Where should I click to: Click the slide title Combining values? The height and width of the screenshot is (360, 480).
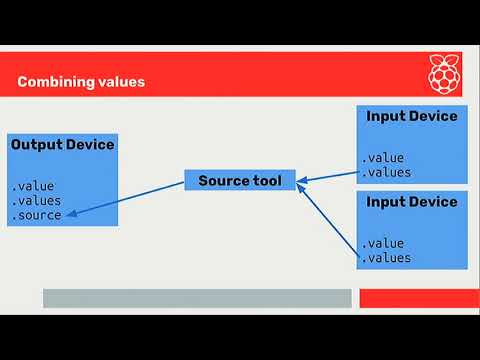click(81, 82)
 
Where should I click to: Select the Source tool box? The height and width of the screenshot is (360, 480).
click(240, 181)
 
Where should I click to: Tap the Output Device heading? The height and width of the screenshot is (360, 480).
click(62, 145)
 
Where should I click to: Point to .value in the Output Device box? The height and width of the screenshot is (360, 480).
click(33, 186)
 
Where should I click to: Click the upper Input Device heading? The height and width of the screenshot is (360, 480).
click(412, 116)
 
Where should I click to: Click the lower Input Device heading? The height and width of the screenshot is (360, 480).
click(412, 202)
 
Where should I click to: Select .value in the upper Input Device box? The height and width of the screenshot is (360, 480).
click(383, 157)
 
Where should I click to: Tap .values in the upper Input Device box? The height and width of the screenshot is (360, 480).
click(386, 172)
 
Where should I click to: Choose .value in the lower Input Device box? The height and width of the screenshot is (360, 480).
click(383, 243)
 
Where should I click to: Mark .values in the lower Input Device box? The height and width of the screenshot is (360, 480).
click(386, 258)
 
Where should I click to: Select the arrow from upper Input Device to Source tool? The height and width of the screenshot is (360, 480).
click(328, 176)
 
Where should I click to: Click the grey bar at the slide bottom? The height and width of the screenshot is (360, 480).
click(197, 298)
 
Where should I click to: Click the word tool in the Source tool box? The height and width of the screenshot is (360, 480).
click(266, 181)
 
